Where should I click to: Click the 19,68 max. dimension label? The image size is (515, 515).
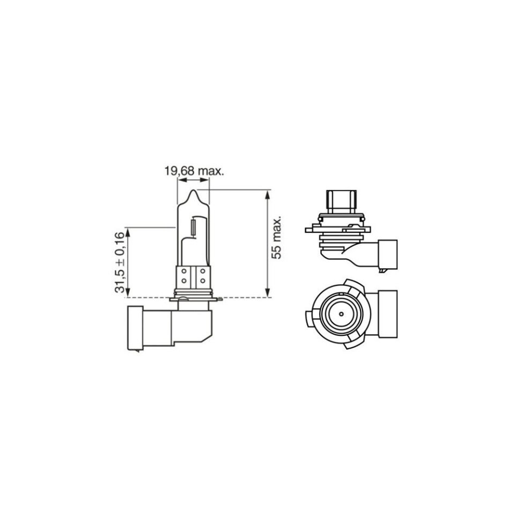[194, 172]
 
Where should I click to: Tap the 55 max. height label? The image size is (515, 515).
[277, 238]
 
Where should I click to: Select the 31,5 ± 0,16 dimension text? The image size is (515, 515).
[120, 262]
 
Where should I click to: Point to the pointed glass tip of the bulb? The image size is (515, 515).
[193, 191]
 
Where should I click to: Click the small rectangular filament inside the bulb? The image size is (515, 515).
[193, 226]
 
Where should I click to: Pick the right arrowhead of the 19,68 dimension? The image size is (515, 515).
[204, 180]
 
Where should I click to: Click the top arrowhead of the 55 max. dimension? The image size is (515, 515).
[268, 194]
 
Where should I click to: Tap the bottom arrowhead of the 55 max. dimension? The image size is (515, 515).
[268, 293]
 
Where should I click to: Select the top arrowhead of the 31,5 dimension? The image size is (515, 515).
[128, 232]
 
